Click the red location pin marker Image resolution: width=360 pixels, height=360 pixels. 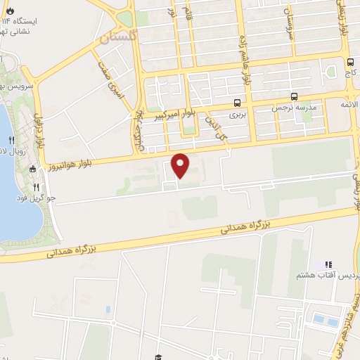pyautogui.click(x=181, y=164)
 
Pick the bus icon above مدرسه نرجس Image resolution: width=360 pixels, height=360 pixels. pyautogui.click(x=293, y=97)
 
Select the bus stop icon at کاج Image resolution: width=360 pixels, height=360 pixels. pyautogui.click(x=350, y=62)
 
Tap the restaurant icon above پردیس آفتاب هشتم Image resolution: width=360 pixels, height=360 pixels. pyautogui.click(x=326, y=263)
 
